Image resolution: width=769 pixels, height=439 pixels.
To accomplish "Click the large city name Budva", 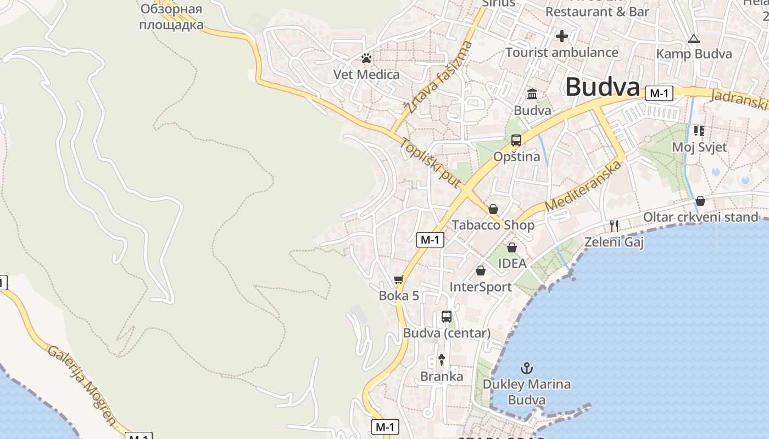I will pos(603,87).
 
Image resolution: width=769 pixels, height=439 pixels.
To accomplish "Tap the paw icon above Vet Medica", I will pos(366,58).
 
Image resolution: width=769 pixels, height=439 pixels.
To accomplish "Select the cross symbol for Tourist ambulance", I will pos(561,37).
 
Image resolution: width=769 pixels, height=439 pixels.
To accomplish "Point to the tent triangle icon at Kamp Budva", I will pos(694,38).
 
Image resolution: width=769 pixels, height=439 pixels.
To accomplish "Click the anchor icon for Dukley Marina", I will pos(527,368).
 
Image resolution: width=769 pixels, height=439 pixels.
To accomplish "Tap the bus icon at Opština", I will pos(516,140).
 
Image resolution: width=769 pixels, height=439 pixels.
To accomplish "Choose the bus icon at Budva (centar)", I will pos(447,317).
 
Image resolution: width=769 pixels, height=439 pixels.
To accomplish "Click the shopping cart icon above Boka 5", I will pos(399,280).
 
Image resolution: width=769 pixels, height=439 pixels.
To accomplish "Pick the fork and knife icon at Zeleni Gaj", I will pos(614,225).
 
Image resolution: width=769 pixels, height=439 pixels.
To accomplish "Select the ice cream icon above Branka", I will pos(441,360).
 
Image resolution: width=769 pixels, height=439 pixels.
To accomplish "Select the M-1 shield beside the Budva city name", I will pos(659,94).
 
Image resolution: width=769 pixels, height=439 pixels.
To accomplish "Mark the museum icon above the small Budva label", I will pos(532,94).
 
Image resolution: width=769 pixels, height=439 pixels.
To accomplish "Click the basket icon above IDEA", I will pos(511,247).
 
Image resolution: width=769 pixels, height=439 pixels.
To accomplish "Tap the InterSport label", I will pos(480,287).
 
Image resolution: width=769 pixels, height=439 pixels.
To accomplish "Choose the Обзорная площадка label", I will pos(171,16).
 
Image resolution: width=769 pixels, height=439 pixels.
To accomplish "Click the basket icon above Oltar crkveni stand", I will pos(700,201).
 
